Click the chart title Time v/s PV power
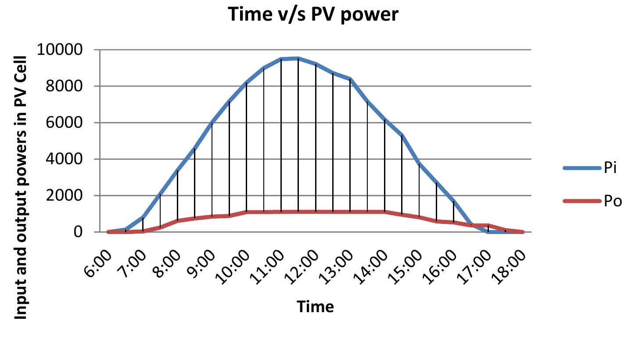313,15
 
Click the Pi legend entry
610,169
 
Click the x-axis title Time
315,306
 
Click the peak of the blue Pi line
298,58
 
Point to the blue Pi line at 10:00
246,83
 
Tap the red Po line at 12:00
316,212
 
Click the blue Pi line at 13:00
350,79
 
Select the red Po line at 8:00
177,220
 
